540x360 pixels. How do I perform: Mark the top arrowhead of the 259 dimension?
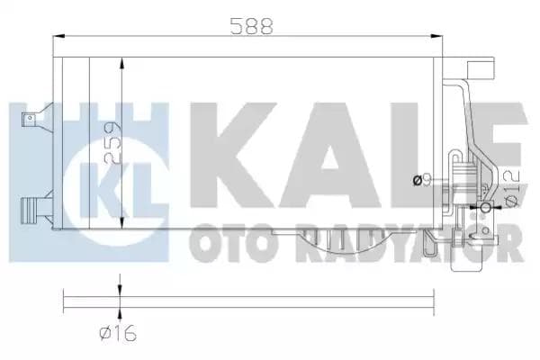click(x=121, y=62)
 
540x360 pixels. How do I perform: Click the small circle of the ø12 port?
click(x=486, y=210)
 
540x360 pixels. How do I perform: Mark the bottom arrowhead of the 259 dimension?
click(x=121, y=226)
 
